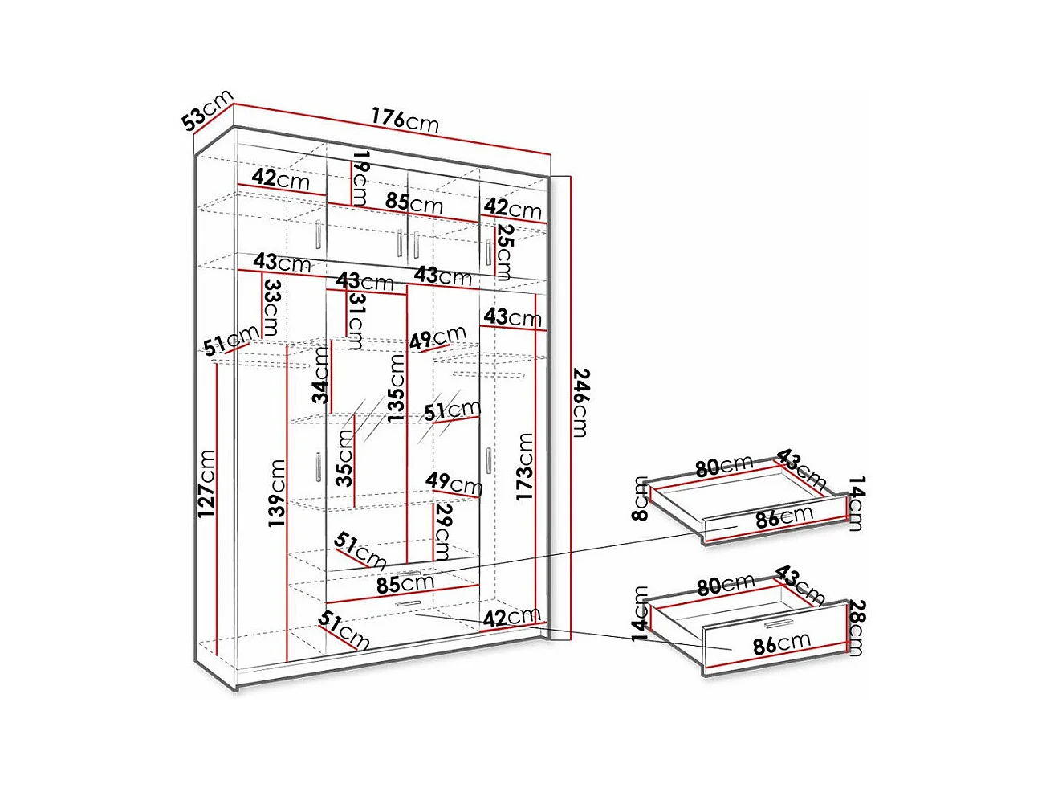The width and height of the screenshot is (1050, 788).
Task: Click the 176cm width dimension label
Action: [405, 119]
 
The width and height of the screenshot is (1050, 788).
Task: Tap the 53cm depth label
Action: [206, 110]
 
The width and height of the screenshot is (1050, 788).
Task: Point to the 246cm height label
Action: [580, 402]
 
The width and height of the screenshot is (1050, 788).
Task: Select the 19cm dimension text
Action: [360, 177]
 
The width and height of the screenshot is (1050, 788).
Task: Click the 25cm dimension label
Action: [503, 251]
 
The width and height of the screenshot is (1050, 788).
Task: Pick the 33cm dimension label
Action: [271, 307]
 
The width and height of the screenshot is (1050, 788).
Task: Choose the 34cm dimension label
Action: [321, 374]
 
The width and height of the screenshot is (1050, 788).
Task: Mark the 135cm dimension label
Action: [396, 388]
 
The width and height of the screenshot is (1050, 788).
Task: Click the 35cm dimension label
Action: [344, 458]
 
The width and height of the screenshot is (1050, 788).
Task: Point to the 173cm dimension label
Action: [524, 466]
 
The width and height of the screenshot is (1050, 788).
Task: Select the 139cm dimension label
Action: [277, 492]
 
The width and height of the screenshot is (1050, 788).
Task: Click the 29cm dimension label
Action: [442, 531]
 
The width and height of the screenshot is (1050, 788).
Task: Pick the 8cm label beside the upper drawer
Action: [640, 498]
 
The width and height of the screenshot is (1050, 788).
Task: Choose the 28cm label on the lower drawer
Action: [856, 627]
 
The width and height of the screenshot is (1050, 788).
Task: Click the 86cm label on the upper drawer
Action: [783, 517]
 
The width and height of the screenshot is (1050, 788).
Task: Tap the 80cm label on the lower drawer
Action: [725, 585]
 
